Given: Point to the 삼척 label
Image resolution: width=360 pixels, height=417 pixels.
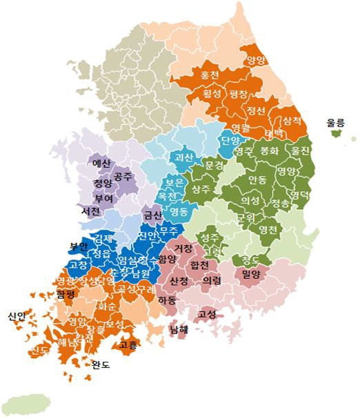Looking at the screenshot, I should pos(292,120).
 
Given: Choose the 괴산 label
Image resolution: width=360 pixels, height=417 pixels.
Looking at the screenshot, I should pos(183,157).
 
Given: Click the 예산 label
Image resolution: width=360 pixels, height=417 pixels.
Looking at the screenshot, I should pos(101,164).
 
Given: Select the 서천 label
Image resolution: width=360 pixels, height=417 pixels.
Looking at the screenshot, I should pos(90,211).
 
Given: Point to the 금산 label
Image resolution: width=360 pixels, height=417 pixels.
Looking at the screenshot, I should pos(152,215).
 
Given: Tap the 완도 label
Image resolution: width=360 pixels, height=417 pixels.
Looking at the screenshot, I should pos(101,365).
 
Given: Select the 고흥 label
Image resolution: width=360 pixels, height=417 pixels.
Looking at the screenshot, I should pos(128,343).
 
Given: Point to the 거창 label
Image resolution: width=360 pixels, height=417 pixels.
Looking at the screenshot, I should pos(183,248).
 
